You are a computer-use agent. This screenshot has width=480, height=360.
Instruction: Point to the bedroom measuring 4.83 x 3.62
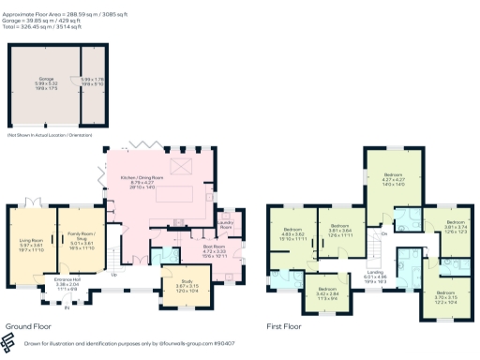(x=293, y=232)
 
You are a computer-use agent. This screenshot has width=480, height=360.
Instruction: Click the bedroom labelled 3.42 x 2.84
(x=326, y=290)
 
